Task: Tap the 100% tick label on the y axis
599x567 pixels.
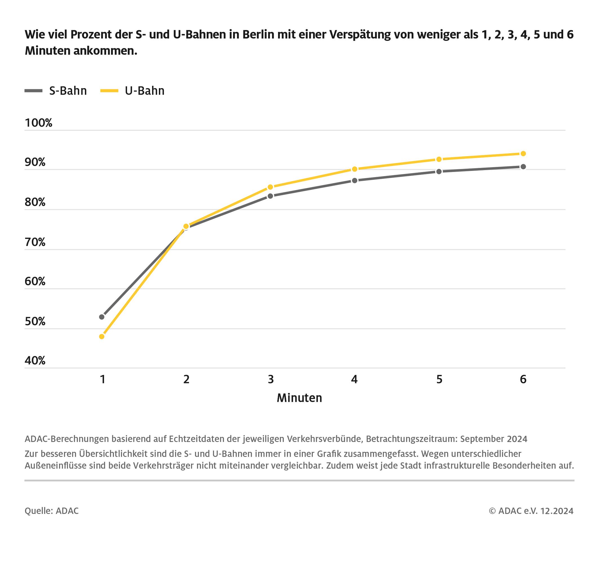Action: coord(38,123)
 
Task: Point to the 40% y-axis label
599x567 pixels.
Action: coord(35,361)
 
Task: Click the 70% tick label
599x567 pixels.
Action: coord(35,242)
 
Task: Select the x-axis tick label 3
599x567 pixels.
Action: coord(270,379)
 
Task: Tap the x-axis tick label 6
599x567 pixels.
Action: coord(523,379)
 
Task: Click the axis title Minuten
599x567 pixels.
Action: coord(299,398)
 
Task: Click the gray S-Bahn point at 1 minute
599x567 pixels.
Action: coord(102,317)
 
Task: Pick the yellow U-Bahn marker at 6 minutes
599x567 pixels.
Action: coord(523,154)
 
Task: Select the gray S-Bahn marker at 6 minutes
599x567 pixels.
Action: coord(523,167)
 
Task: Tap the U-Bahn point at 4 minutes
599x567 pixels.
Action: coord(355,169)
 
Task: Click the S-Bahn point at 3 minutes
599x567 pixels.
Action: coord(270,196)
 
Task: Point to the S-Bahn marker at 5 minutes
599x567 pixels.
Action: coord(439,172)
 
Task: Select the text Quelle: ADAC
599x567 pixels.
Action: coord(52,511)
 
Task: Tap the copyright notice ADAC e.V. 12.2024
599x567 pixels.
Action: coord(531,511)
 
